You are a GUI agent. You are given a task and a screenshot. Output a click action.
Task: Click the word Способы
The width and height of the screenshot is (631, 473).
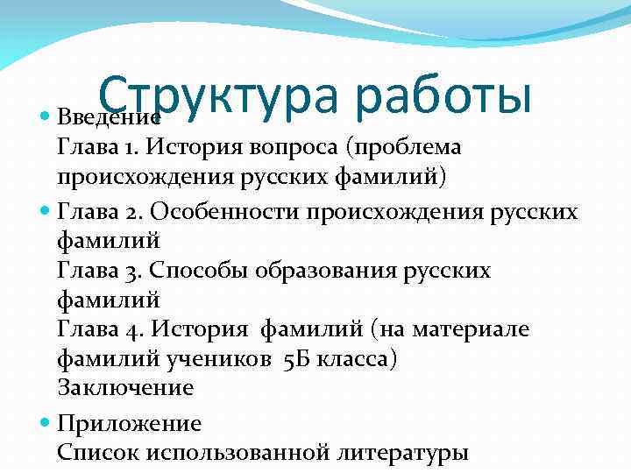pos(202,271)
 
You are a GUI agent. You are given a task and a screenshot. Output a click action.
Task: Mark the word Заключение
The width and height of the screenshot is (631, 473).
pos(125,388)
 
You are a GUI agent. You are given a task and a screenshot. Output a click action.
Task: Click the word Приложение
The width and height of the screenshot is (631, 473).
pos(129,425)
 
